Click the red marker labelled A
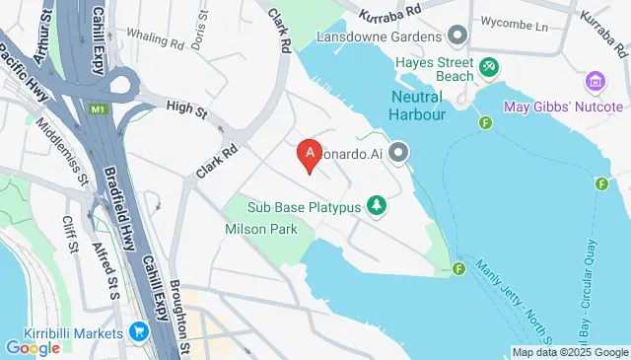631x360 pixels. tap(311, 155)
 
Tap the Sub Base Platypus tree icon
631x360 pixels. tap(376, 205)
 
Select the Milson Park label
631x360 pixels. tap(256, 228)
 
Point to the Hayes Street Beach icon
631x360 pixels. tap(487, 66)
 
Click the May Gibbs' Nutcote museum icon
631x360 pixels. tap(595, 79)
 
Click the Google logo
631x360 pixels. tap(33, 347)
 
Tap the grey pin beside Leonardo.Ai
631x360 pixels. tap(398, 153)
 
